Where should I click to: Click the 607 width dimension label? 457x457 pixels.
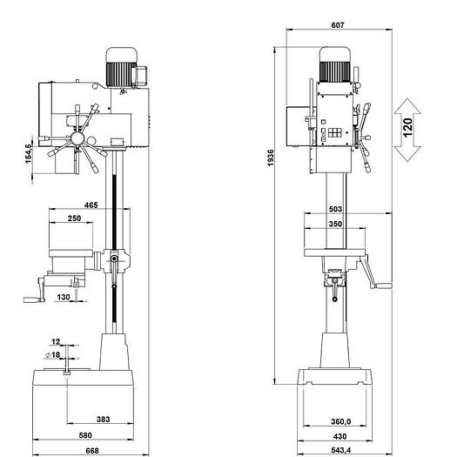coord(338,25)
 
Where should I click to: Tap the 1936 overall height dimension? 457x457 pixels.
coord(271,158)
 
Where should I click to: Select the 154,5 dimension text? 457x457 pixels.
coord(28,153)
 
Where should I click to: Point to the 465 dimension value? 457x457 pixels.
coord(91,205)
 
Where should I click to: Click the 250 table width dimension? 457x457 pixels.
coord(74,218)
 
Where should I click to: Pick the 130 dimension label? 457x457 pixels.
coord(64,297)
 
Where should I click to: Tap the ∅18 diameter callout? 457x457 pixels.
coord(53,354)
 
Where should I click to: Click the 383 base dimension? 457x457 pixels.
coord(104,419)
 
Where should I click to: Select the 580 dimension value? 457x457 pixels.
coord(85,435)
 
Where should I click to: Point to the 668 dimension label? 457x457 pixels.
coord(92,451)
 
